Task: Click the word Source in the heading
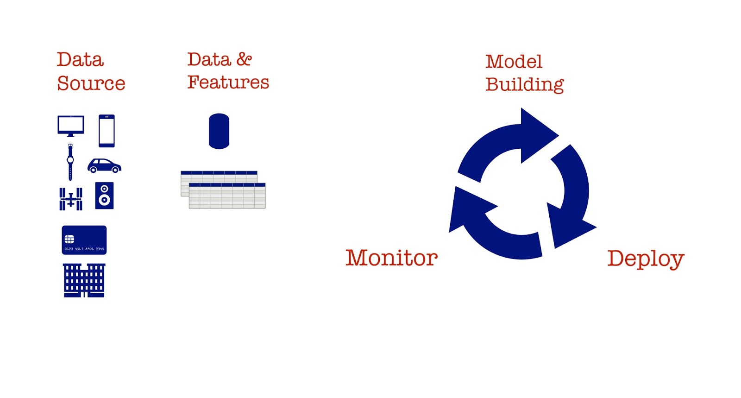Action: coord(91,83)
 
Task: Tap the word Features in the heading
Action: coord(228,82)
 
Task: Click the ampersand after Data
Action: coord(244,59)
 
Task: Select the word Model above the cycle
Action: coord(514,62)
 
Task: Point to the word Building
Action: coord(524,85)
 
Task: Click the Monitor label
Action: coord(391,258)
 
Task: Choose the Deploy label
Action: coord(646,259)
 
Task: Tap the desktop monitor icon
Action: coord(71,126)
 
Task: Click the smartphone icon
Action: coord(107,131)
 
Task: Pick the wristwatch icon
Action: coord(70,162)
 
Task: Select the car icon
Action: coord(104,165)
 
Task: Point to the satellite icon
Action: coord(71,199)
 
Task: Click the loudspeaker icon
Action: coord(104,196)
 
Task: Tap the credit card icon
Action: coord(84,240)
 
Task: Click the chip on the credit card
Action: coord(69,239)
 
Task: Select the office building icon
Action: coord(84,280)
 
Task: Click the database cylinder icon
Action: coord(219,131)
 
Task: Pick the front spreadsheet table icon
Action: coord(227,196)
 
